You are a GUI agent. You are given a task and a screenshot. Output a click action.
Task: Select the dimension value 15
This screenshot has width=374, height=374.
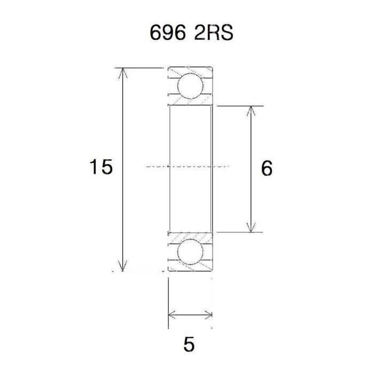[x=101, y=168]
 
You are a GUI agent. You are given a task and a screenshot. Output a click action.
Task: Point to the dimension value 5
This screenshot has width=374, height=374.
[x=189, y=345]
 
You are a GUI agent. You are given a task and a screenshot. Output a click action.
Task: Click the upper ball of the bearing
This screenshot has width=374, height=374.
[x=190, y=85]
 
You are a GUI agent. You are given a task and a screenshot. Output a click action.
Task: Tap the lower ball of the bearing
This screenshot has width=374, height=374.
[x=190, y=252]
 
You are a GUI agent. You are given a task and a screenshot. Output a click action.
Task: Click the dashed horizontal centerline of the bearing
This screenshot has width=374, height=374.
[x=187, y=166]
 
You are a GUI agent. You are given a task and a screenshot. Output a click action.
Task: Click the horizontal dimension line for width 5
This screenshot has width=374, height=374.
[x=191, y=314]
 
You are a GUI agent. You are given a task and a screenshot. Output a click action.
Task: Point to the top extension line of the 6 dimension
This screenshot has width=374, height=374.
[x=240, y=105]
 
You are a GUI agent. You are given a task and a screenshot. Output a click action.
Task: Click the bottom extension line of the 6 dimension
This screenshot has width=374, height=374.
[x=240, y=232]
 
